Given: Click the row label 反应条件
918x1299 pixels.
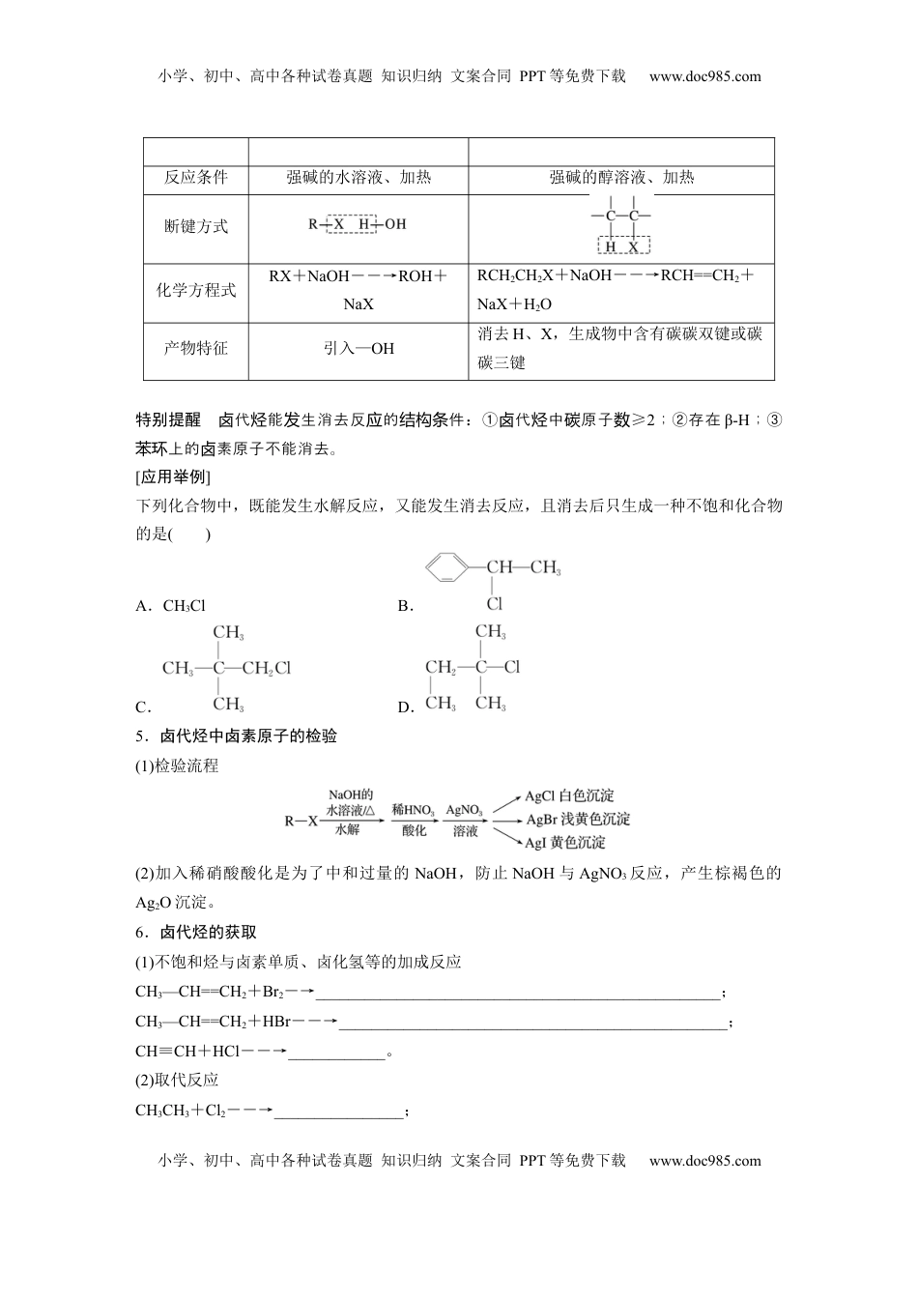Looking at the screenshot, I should click(196, 178).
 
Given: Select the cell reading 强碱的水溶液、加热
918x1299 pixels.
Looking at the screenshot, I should click(359, 178).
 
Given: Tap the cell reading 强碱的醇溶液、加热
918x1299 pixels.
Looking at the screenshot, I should click(621, 178).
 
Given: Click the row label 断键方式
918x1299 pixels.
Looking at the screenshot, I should click(196, 226).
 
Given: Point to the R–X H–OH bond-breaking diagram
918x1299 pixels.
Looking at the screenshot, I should click(358, 224).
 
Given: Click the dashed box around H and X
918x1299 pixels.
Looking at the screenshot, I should click(622, 246).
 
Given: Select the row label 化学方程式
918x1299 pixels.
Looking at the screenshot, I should click(196, 290).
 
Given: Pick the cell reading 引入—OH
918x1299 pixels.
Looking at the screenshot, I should click(359, 349).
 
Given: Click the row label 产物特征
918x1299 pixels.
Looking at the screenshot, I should click(196, 349).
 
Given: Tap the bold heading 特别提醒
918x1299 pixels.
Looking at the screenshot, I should click(168, 419).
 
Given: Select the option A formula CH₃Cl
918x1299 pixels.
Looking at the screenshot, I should click(185, 606).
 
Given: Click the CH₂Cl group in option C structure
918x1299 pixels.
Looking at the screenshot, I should click(266, 668).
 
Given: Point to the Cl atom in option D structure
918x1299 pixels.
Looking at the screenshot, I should click(512, 667).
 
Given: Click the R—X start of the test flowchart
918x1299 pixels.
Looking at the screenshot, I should click(301, 821).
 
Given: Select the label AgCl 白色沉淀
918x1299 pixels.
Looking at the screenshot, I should click(569, 796).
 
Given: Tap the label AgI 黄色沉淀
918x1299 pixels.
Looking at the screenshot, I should click(565, 843).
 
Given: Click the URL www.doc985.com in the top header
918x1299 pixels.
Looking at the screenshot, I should click(704, 77).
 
